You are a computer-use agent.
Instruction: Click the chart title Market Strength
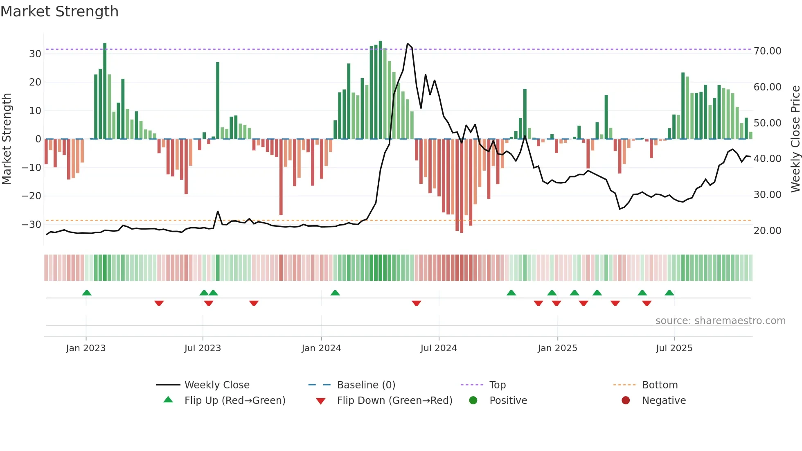coord(59,11)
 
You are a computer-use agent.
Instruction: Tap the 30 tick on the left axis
coord(35,54)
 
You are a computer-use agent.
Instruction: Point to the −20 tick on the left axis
coord(32,196)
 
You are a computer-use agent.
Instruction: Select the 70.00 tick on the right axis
coord(767,51)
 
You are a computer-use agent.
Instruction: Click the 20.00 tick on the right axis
coord(767,231)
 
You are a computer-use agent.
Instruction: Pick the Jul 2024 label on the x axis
coord(439,348)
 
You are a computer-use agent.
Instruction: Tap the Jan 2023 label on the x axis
coord(86,348)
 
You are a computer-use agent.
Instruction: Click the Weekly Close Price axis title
coord(795,139)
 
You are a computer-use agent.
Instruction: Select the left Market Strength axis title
coord(7,139)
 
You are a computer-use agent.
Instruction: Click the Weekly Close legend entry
coord(216,385)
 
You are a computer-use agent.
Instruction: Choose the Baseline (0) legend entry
coord(366,385)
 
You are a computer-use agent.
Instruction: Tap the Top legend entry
coord(497,385)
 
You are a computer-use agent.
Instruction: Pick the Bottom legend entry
coord(660,385)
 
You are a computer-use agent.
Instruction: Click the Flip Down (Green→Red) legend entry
coord(394,401)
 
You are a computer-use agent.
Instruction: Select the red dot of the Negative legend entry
coord(626,401)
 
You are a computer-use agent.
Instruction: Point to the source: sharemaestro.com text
coord(720,321)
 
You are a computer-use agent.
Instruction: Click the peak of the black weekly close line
coord(408,44)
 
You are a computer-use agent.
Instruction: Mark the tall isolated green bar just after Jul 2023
coord(218,100)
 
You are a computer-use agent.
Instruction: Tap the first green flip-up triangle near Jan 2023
coord(87,293)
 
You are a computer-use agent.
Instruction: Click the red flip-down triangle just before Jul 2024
coord(417,303)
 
